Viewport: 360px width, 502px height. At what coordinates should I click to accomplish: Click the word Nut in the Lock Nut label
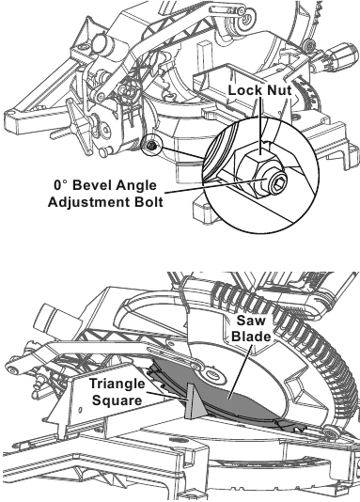pyautogui.click(x=279, y=90)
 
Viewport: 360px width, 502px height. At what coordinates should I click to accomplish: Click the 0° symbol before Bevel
pyautogui.click(x=61, y=185)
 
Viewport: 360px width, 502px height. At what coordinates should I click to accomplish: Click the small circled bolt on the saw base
pyautogui.click(x=150, y=147)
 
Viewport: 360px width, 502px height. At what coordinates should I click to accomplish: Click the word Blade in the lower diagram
pyautogui.click(x=251, y=337)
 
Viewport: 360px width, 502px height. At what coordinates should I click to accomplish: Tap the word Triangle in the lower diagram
pyautogui.click(x=117, y=384)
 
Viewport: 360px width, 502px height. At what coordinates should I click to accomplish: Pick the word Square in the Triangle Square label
pyautogui.click(x=117, y=400)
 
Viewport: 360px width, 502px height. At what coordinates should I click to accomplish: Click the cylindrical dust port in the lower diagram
pyautogui.click(x=52, y=315)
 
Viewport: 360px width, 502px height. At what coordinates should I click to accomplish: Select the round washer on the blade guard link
pyautogui.click(x=211, y=373)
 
